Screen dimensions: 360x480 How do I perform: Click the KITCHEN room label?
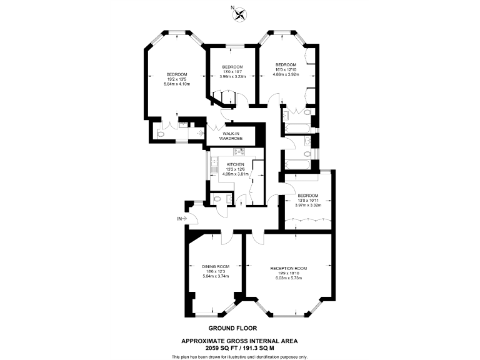pyautogui.click(x=236, y=164)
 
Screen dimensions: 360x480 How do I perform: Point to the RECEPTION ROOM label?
pyautogui.click(x=288, y=268)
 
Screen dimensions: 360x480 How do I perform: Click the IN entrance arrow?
pyautogui.click(x=182, y=219)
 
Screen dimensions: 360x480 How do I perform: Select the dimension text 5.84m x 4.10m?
pyautogui.click(x=176, y=84)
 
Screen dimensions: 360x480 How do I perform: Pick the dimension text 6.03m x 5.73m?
pyautogui.click(x=289, y=278)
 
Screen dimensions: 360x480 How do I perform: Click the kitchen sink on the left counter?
pyautogui.click(x=213, y=166)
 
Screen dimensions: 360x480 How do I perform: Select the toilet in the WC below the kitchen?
pyautogui.click(x=216, y=199)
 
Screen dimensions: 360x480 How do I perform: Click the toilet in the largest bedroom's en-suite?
pyautogui.click(x=160, y=133)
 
